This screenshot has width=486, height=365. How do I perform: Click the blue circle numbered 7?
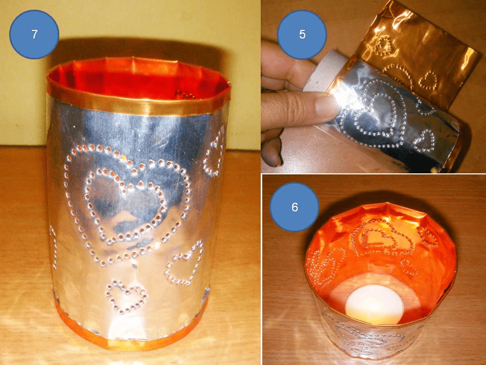click(34, 34)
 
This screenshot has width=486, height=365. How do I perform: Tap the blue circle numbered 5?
click(302, 34)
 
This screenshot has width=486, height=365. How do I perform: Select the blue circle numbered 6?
click(295, 207)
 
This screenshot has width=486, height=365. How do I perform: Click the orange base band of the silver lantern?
click(130, 332)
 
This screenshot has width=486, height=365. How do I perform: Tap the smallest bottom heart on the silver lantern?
click(126, 297)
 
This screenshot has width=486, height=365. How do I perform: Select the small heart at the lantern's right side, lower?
click(184, 263)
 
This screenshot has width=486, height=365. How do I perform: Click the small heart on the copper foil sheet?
click(429, 80)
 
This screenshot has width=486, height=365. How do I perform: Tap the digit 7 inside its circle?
click(34, 34)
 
